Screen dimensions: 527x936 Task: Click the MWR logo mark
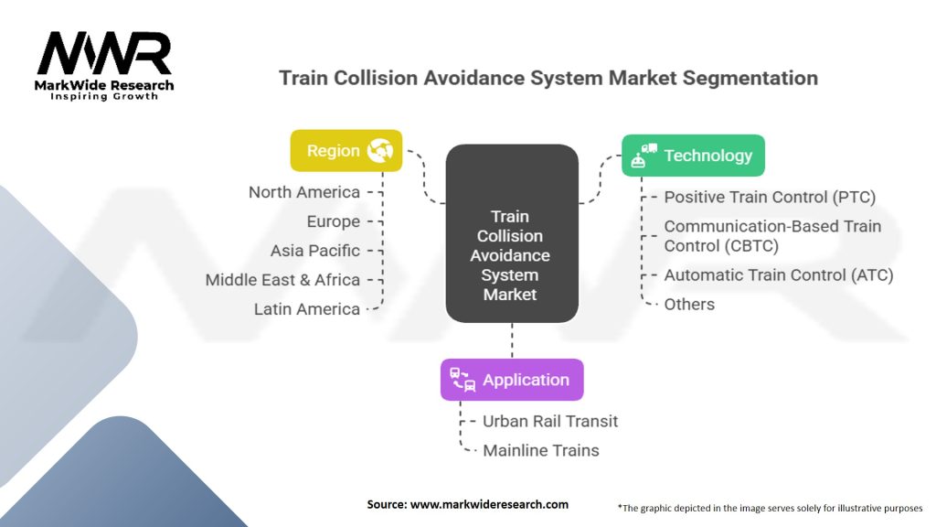(x=104, y=54)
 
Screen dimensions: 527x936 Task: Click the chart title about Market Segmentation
(x=548, y=78)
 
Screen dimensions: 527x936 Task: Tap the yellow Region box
(x=346, y=151)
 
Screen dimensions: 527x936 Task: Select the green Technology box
(x=692, y=156)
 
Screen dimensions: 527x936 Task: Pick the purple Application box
(x=511, y=380)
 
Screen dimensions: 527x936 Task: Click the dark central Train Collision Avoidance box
(x=511, y=255)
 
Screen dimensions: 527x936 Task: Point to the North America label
(x=304, y=192)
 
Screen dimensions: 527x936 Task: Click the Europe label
(x=334, y=221)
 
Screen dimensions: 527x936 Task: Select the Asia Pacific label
(x=315, y=251)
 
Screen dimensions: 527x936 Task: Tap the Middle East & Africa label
(x=282, y=280)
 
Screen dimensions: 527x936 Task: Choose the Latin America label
(x=307, y=309)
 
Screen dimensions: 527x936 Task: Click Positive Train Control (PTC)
(x=770, y=197)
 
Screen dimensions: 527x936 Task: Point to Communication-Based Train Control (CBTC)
(x=772, y=235)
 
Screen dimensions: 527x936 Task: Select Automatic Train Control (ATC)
(x=778, y=274)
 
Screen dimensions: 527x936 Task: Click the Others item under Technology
(x=689, y=304)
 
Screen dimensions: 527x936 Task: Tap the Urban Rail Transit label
(x=550, y=421)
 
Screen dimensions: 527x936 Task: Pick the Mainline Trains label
(x=541, y=450)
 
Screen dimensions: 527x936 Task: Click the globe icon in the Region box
(x=379, y=151)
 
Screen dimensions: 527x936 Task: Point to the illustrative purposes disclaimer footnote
(x=770, y=506)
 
